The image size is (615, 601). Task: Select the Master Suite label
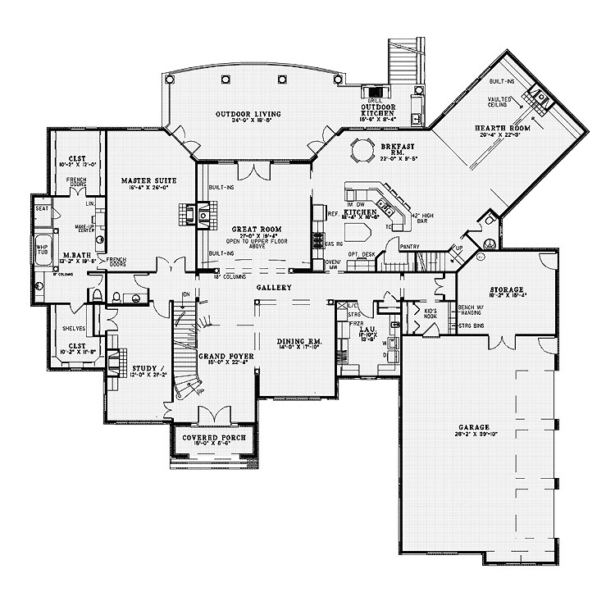click(144, 180)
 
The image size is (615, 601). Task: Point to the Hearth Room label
click(503, 129)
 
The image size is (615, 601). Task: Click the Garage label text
click(475, 427)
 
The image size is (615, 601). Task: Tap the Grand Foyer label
click(226, 357)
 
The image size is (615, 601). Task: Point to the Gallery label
click(274, 289)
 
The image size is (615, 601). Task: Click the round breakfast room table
click(361, 152)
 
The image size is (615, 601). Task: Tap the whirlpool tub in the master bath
click(42, 249)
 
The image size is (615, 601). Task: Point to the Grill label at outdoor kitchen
click(378, 100)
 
